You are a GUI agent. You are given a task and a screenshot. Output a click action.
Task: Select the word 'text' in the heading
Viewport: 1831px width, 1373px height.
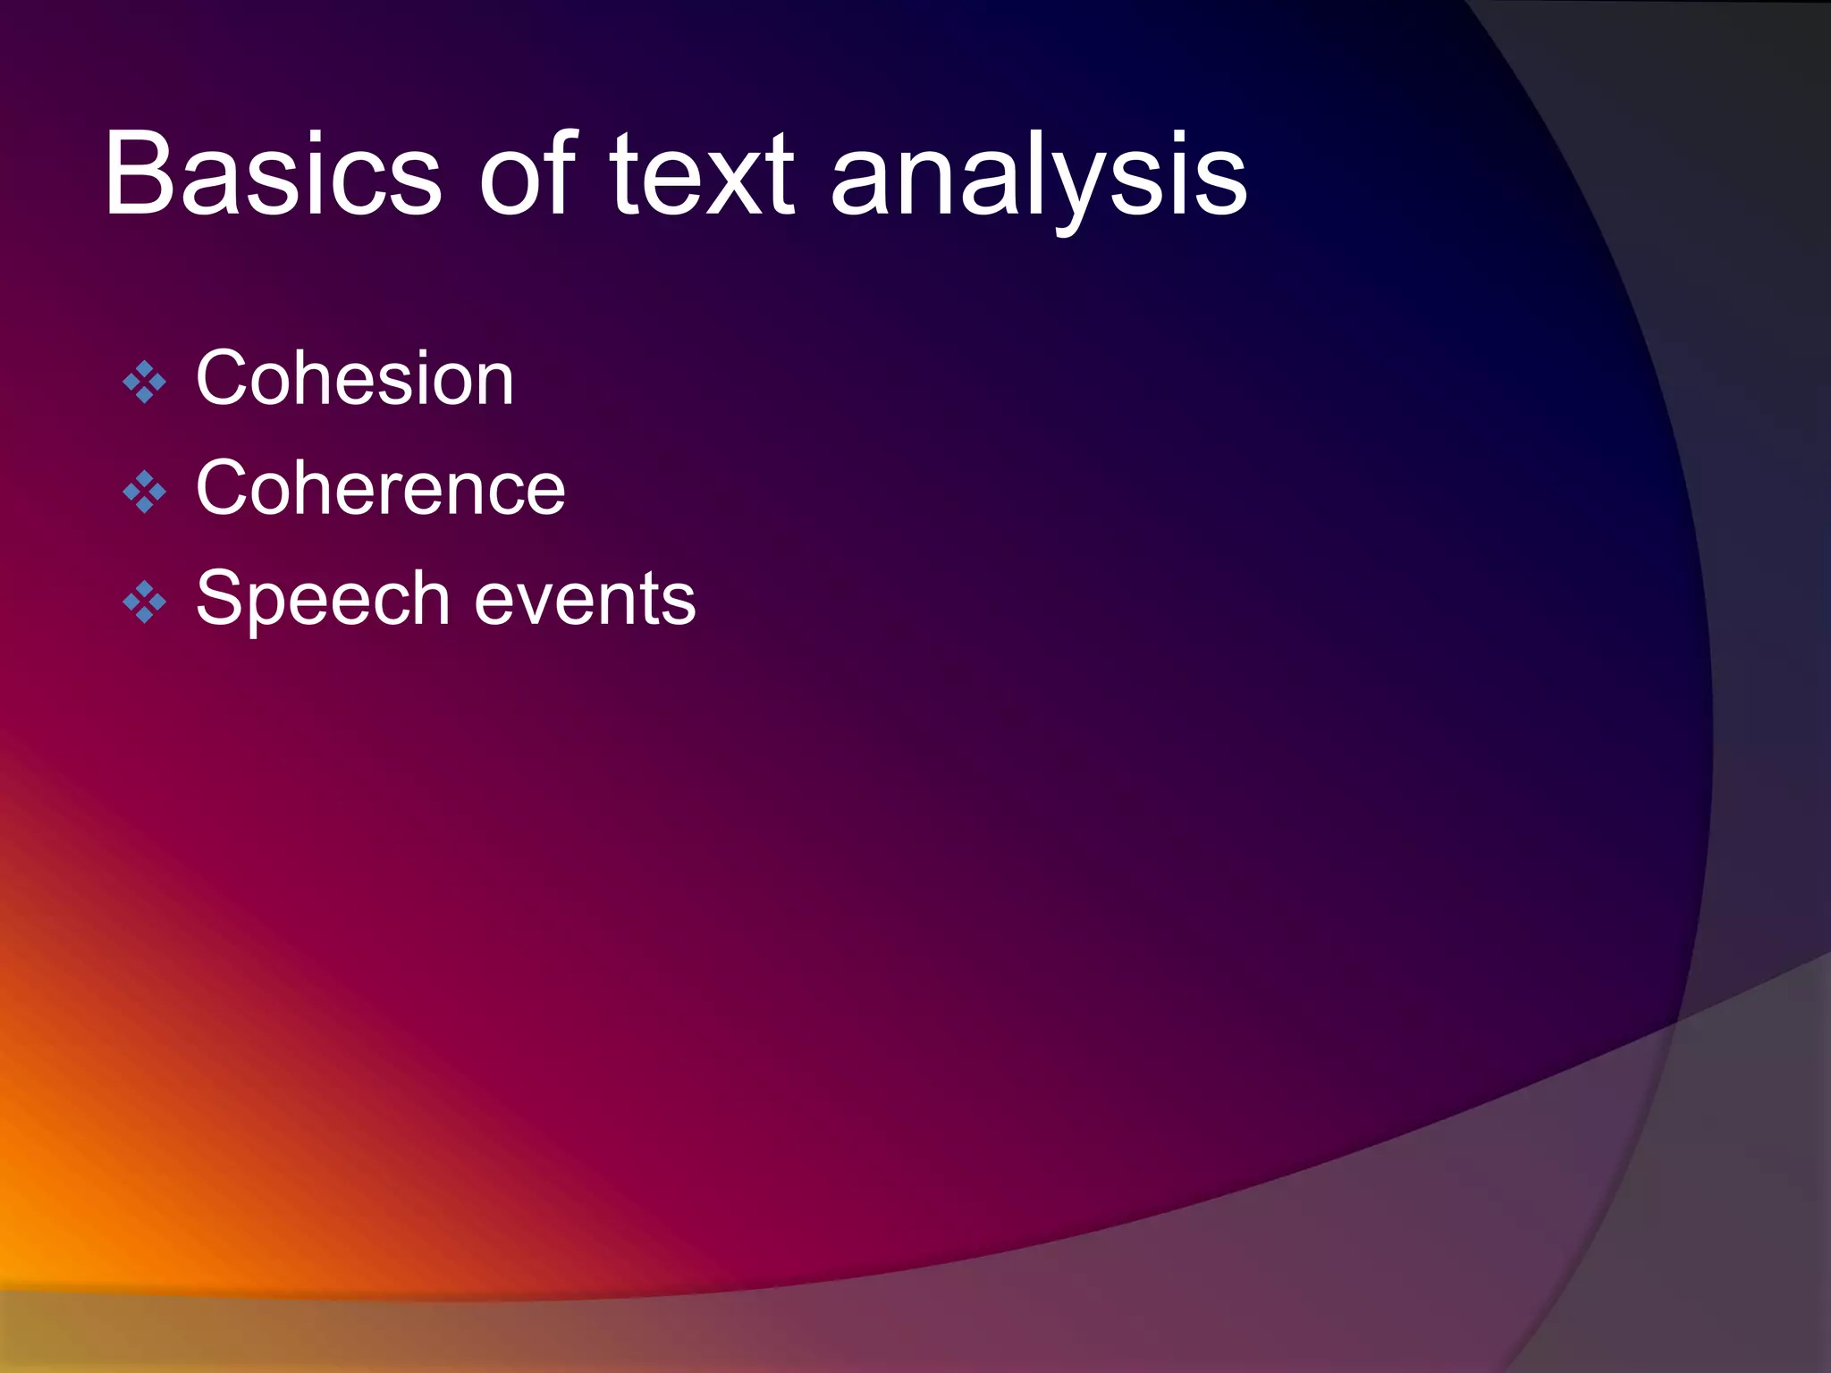(701, 174)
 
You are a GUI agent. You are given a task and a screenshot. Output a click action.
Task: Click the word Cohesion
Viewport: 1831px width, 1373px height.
(355, 378)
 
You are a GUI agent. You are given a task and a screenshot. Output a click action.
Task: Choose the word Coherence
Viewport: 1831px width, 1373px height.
(381, 487)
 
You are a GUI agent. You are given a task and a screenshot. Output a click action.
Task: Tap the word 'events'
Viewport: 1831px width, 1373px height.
(585, 600)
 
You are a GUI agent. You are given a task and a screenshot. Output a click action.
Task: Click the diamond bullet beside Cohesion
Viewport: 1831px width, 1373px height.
(144, 383)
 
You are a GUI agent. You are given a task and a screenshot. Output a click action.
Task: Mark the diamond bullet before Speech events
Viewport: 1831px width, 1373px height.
(144, 602)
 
